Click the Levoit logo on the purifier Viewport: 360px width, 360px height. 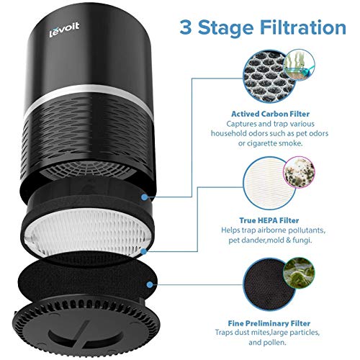pyautogui.click(x=64, y=30)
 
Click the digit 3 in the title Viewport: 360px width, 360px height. pyautogui.click(x=186, y=27)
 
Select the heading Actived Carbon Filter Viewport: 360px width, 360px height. pyautogui.click(x=270, y=114)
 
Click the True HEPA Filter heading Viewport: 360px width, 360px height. pyautogui.click(x=269, y=220)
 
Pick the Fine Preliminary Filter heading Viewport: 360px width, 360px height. pyautogui.click(x=269, y=323)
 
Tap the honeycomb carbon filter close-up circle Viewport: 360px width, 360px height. pyautogui.click(x=268, y=77)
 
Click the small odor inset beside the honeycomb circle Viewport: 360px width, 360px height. pyautogui.click(x=299, y=63)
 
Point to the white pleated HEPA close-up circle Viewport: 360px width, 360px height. pyautogui.click(x=269, y=183)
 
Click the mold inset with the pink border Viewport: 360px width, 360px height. pyautogui.click(x=299, y=172)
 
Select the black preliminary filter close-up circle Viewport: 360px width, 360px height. pyautogui.click(x=269, y=284)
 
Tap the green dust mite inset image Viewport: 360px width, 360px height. pyautogui.click(x=299, y=273)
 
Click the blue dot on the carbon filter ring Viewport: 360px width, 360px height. pyautogui.click(x=144, y=197)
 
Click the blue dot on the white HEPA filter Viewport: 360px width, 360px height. pyautogui.click(x=144, y=251)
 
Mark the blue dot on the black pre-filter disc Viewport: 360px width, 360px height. pyautogui.click(x=150, y=285)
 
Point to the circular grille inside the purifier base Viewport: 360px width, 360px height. pyautogui.click(x=88, y=170)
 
